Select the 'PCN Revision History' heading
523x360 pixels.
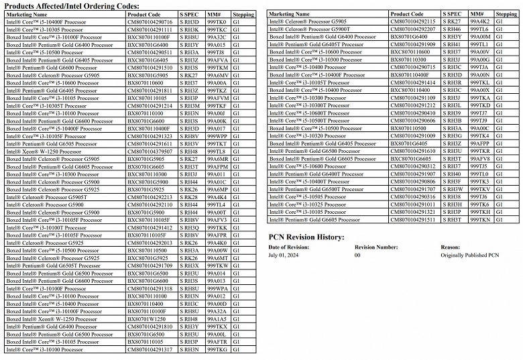306,237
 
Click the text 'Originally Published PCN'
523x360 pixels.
470,255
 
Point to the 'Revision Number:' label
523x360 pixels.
376,247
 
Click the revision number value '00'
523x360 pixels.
357,255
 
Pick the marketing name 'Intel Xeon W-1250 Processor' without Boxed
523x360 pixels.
42,152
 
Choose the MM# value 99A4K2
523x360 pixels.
480,21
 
